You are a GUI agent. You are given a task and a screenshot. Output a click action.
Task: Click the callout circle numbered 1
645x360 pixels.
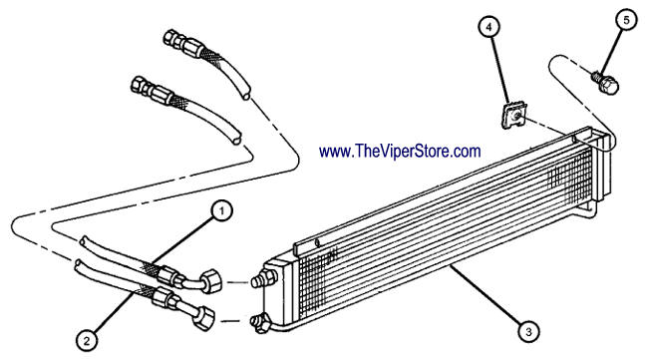221,211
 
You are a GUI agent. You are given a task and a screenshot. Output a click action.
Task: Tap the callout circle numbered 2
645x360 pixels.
87,341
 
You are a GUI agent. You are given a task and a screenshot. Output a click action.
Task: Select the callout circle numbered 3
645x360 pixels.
528,331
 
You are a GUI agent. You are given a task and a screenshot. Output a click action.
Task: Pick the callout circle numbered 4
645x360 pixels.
488,27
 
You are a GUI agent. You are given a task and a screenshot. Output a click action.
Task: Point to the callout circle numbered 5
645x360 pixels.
626,20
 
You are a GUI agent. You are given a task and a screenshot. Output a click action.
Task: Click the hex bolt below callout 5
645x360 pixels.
605,83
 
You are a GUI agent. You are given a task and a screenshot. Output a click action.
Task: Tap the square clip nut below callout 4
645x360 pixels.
513,116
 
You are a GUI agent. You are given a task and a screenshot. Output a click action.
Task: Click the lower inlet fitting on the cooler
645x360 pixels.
261,323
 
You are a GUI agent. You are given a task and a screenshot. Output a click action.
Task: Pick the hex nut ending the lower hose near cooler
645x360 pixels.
204,318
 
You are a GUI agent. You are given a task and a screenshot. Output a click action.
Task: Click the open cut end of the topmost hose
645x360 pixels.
245,97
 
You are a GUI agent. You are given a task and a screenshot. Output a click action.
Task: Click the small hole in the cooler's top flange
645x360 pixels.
317,243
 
